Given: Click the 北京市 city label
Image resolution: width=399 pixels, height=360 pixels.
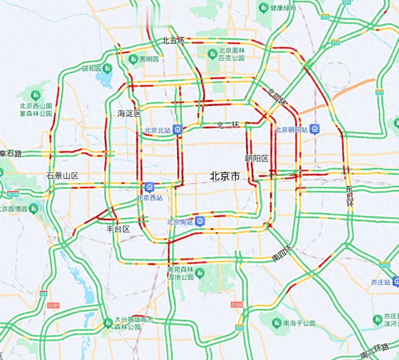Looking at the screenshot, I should [224, 177].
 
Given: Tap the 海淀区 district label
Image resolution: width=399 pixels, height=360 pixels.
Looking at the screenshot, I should [130, 114].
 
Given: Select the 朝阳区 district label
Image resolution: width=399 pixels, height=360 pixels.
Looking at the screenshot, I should [256, 158].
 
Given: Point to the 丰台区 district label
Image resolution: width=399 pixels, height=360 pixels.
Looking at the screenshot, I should [118, 229].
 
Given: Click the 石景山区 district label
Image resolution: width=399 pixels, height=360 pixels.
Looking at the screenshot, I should [62, 176].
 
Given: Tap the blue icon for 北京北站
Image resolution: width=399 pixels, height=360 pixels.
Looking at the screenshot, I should [178, 130].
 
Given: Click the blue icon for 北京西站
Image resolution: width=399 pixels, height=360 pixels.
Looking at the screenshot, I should [150, 187].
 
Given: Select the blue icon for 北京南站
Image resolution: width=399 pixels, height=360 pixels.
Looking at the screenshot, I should [199, 221].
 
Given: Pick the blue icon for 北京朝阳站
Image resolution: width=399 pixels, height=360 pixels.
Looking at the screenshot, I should [315, 130].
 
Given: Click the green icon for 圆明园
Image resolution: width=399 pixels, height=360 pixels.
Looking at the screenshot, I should [133, 59].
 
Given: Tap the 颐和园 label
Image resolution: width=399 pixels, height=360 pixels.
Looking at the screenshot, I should [92, 69].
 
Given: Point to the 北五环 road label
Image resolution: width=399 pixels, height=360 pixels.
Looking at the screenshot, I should [173, 41].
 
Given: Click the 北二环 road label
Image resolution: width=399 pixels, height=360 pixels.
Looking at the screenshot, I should [228, 125].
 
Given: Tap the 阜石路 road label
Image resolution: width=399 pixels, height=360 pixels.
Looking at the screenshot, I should [11, 153].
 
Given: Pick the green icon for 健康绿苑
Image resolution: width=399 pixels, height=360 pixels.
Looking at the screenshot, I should [264, 8].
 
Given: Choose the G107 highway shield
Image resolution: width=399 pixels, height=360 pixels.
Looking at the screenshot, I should [53, 305].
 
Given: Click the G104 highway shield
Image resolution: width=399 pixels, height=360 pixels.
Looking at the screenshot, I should [236, 305].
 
